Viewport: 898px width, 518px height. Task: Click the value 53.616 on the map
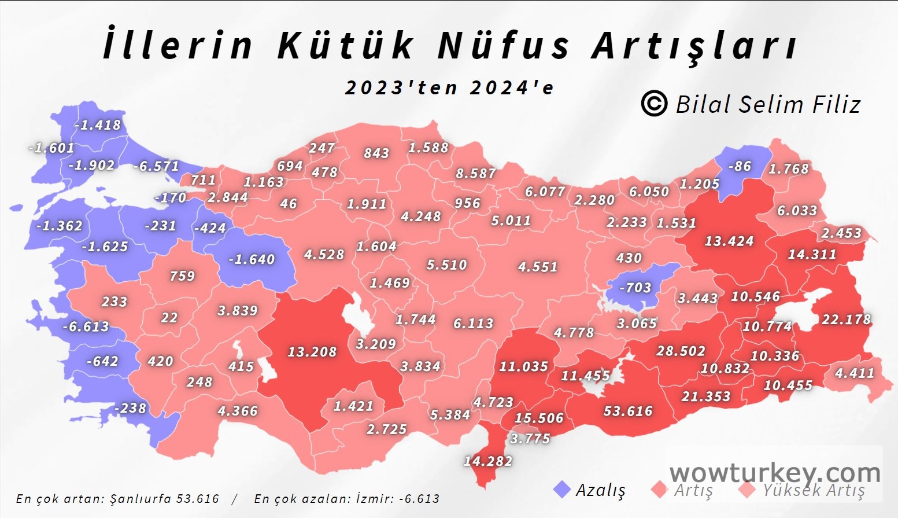point(628,412)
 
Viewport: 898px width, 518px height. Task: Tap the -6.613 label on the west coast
point(86,327)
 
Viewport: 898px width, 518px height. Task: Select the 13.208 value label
point(312,352)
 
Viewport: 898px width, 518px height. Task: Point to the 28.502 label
point(681,351)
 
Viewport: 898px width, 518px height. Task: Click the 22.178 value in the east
point(846,319)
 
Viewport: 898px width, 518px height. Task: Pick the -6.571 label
point(156,166)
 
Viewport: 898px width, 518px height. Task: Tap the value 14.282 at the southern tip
point(487,461)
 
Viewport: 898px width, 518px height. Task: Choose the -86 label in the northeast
point(740,167)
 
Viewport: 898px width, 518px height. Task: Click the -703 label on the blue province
point(635,288)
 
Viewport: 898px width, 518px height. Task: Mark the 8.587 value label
point(475,174)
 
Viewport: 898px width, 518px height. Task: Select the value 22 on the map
point(169,318)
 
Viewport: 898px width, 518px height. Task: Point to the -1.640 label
point(252,259)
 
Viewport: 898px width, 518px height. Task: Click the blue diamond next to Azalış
point(562,490)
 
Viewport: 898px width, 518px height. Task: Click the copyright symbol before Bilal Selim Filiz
point(654,104)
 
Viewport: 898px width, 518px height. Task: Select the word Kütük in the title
point(346,45)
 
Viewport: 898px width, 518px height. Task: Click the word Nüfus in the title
point(504,45)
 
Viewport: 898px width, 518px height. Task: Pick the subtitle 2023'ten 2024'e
point(449,88)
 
